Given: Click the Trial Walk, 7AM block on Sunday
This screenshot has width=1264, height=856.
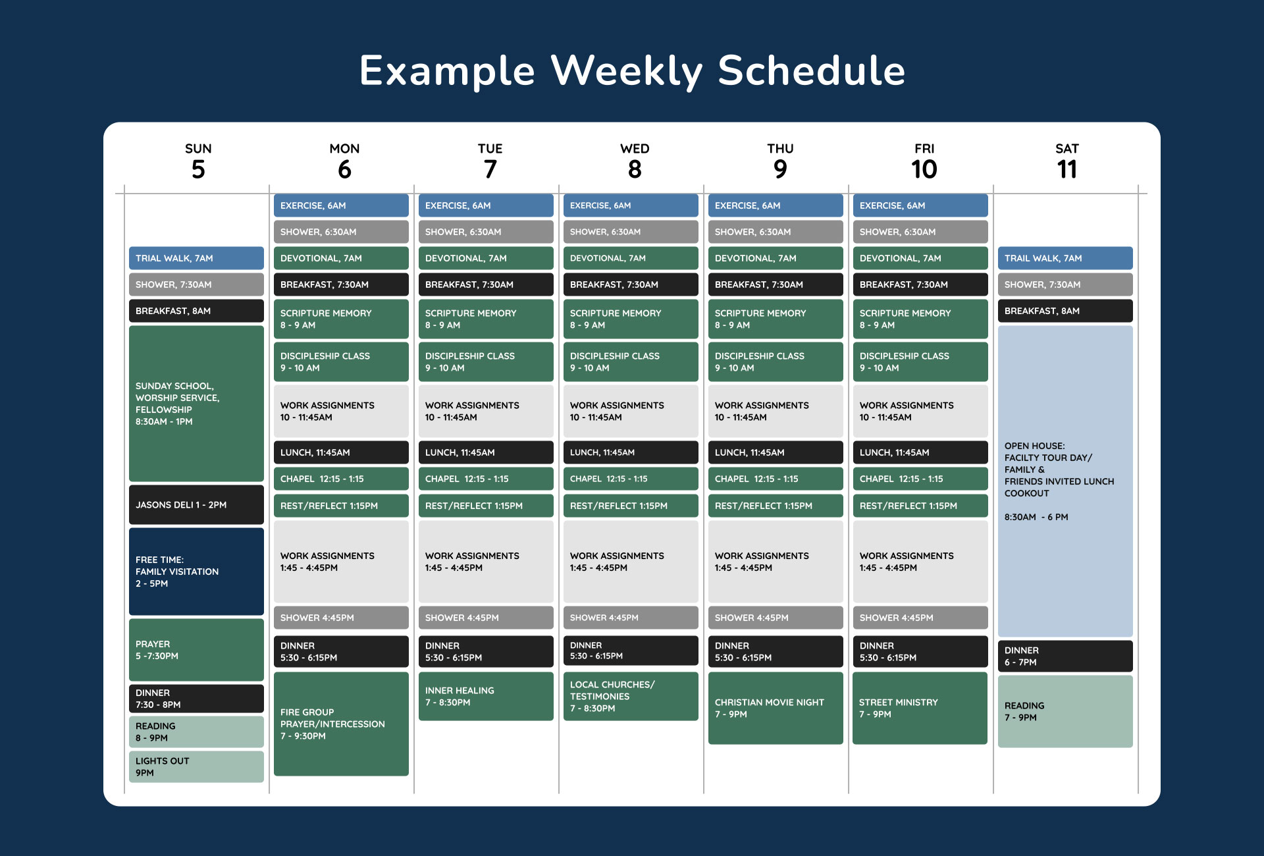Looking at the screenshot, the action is [196, 258].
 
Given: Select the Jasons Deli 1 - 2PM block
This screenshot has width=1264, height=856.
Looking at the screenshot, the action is [196, 505].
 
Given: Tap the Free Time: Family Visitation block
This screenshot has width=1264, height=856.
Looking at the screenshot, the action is [196, 572].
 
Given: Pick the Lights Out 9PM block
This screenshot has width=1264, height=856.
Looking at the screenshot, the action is [196, 766].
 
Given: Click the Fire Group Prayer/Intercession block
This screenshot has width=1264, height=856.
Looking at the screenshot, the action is [341, 724].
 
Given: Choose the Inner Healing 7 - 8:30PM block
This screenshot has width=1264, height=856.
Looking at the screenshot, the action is [486, 696].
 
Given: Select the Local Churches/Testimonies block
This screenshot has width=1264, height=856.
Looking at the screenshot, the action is [631, 696].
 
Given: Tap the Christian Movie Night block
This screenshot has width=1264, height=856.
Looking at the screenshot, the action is [776, 708].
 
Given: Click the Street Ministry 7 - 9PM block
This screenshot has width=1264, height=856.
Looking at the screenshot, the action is [920, 708].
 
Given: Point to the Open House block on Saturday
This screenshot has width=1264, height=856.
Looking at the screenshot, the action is [1065, 481].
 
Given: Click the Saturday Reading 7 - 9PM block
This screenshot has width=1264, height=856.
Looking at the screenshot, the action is [1065, 711].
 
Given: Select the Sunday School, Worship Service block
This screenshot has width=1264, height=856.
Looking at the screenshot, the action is [196, 404].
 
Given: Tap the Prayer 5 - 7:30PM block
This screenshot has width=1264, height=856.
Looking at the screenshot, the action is [196, 650].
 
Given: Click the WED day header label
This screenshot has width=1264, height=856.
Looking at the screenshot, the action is [635, 149].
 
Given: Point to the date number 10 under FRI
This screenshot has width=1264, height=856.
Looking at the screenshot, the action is [924, 170].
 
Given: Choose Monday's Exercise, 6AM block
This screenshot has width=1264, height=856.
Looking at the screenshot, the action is [341, 205].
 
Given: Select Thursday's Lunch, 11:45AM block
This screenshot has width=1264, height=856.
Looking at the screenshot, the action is [776, 452].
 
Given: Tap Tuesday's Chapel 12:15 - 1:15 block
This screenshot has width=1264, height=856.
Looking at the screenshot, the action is [486, 479].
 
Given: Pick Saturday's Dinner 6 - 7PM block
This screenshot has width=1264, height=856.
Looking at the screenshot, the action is [1065, 656].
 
